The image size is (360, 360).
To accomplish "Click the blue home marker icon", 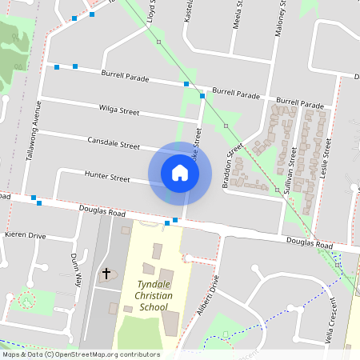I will tap(179, 172).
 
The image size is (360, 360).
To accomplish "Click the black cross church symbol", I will tap(106, 274).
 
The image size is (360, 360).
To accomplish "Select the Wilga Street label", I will tap(118, 108).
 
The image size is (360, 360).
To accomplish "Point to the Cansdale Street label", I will tap(114, 142).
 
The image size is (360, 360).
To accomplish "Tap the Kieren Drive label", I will tap(26, 236).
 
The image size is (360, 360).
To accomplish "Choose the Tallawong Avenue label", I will tap(33, 130).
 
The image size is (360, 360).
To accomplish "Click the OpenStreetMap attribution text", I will tap(81, 354).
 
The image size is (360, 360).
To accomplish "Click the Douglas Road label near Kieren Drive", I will tap(102, 213).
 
